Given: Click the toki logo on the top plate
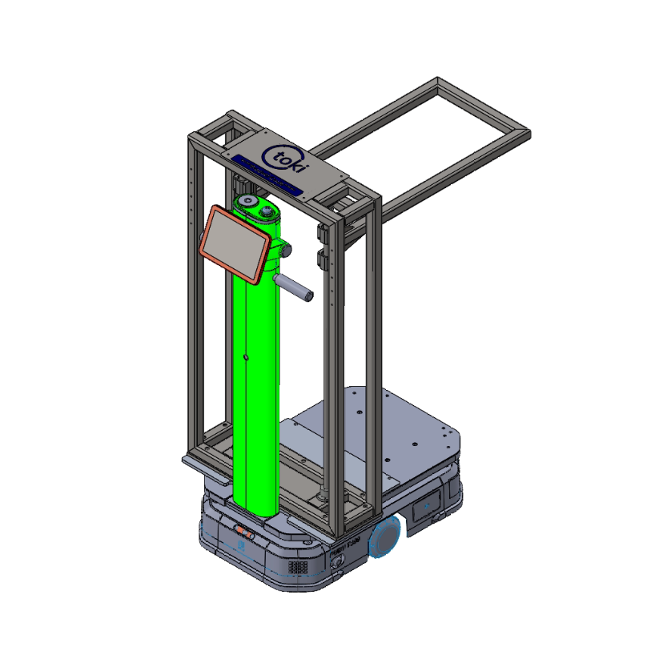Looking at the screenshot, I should tap(279, 155).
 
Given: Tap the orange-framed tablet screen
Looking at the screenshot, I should tap(235, 242).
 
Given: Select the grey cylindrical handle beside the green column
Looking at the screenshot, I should tap(294, 287).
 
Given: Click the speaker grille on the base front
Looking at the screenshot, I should tap(299, 565).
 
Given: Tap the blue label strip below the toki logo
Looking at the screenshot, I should tap(267, 177).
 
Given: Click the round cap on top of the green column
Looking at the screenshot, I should tap(247, 200).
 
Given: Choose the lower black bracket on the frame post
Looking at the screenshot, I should tap(323, 259).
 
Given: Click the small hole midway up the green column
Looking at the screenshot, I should tap(247, 356).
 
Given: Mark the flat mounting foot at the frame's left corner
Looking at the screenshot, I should tap(195, 462).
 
